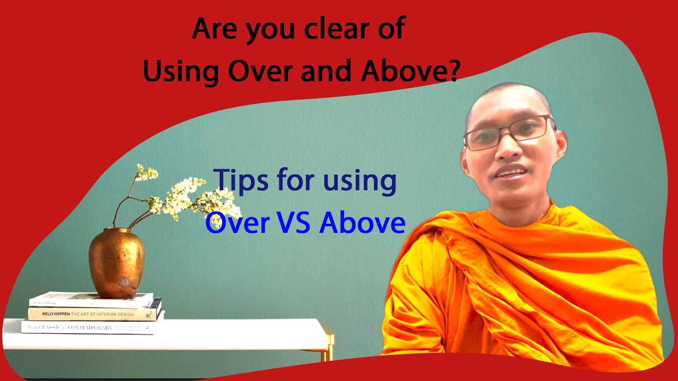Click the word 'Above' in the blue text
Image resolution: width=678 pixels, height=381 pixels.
[362, 223]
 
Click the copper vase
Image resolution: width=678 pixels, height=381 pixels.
[117, 262]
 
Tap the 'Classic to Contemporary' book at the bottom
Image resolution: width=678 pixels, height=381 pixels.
[87, 328]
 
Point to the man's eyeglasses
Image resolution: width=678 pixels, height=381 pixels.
[508, 131]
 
